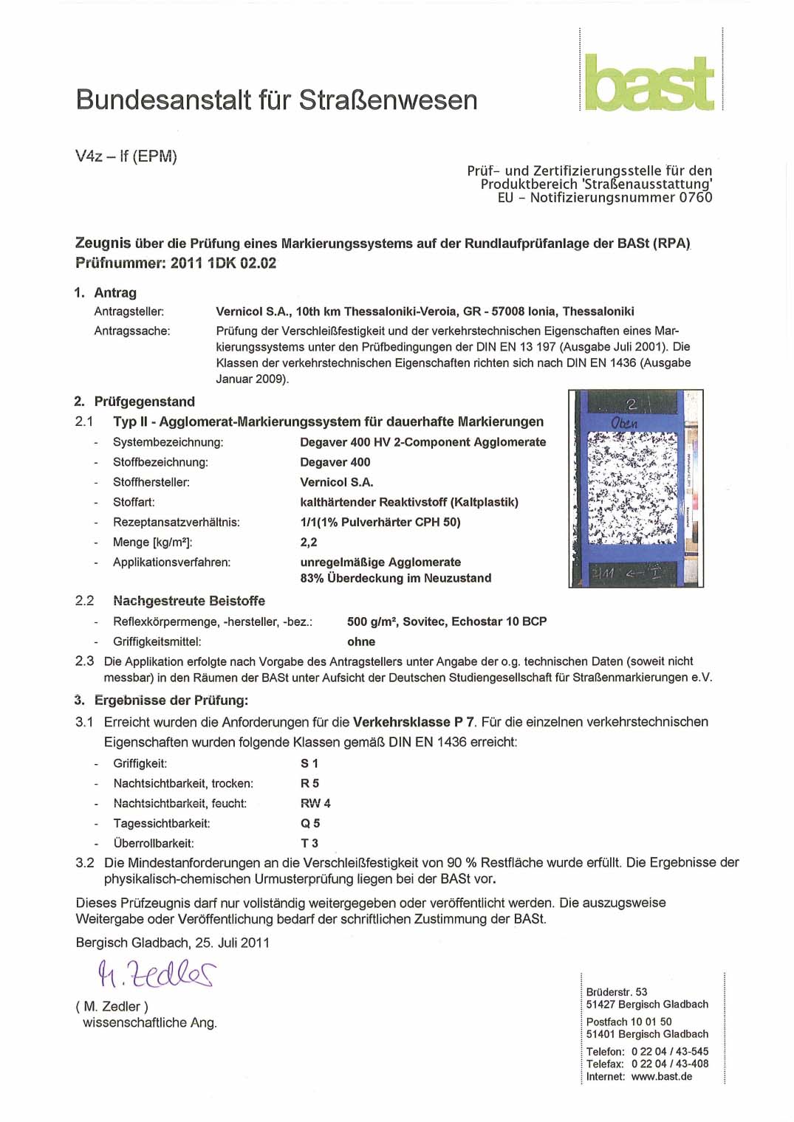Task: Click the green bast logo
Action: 649,82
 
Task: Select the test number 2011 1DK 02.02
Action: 223,263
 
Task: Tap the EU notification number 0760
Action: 695,197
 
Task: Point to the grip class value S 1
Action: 309,763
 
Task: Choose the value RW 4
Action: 315,803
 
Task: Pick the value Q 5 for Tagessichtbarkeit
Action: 309,823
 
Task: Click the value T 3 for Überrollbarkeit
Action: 309,843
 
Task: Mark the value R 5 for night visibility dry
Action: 309,783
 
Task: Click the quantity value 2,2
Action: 308,542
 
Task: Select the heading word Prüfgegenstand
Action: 144,402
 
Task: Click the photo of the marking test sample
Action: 635,488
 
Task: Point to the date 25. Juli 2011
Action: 232,943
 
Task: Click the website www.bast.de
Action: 661,1076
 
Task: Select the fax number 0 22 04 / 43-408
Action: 669,1064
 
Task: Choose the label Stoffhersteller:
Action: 151,482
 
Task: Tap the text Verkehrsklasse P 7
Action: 414,722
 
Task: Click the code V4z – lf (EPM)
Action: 126,156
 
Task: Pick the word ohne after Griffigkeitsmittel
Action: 361,641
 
